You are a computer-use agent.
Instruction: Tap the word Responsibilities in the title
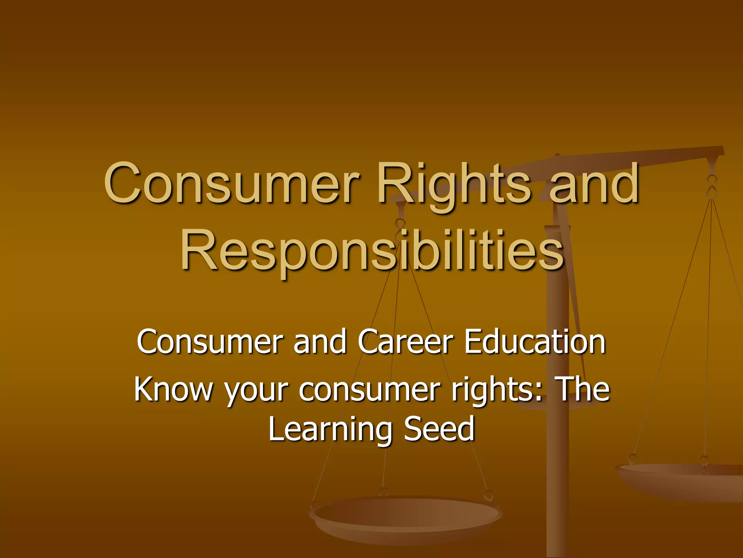point(372,251)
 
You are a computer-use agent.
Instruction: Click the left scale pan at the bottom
point(406,516)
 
